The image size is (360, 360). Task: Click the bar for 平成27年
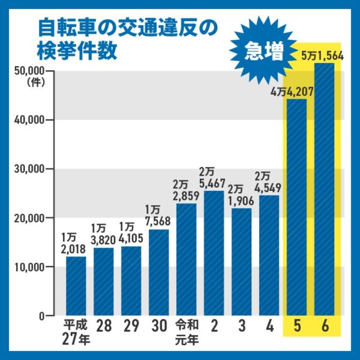[76, 286]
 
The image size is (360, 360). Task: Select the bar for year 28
[103, 282]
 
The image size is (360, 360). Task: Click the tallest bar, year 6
[324, 189]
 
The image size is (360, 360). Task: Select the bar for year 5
[296, 207]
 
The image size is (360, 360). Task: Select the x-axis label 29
[131, 328]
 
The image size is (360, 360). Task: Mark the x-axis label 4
[269, 328]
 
